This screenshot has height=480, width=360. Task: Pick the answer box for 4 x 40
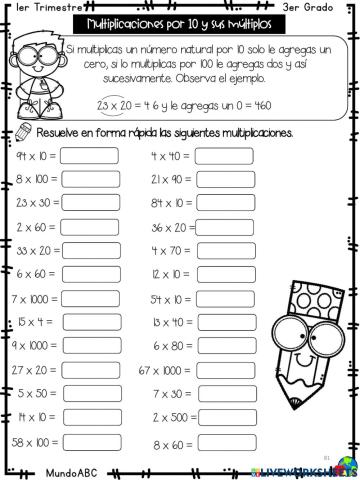pos(224,156)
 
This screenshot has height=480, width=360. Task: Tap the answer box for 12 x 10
pos(224,274)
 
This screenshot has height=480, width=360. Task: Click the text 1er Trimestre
pos(49,8)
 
